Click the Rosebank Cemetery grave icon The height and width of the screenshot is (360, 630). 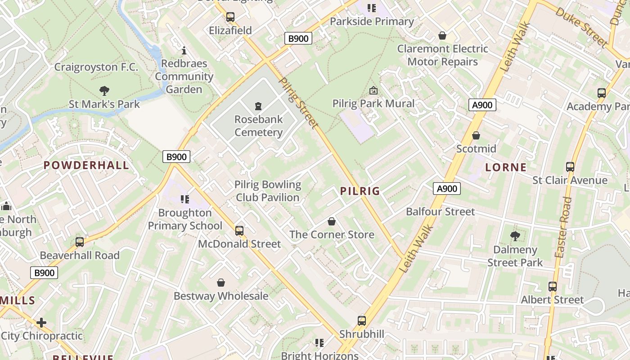coord(258,106)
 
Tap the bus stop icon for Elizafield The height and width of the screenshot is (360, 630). coord(230,17)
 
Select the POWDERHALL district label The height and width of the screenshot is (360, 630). coord(86,165)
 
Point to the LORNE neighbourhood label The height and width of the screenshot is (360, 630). coord(506,167)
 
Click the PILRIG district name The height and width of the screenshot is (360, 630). coord(360,191)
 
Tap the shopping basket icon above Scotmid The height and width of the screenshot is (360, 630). coord(476,135)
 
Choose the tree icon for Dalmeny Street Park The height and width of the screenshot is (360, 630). coord(515,236)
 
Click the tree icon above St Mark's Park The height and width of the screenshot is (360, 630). coord(104,91)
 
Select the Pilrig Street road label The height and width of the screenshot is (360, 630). coord(299,103)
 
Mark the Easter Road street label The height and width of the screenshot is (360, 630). coord(563,227)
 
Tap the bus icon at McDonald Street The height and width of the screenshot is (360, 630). coord(239,231)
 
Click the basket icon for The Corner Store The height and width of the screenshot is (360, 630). coord(332,221)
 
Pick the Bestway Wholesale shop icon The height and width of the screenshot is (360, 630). coord(221,283)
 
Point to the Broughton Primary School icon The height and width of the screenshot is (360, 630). coord(184,199)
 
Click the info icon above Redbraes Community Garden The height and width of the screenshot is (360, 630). coord(184,50)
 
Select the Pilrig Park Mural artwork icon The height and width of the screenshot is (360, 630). coord(373,90)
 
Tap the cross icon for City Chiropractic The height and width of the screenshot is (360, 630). coord(41,323)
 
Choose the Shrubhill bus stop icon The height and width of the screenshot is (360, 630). coord(362,321)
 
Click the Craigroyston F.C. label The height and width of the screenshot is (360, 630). coord(96,67)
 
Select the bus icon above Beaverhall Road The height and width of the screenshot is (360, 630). coord(80,242)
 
